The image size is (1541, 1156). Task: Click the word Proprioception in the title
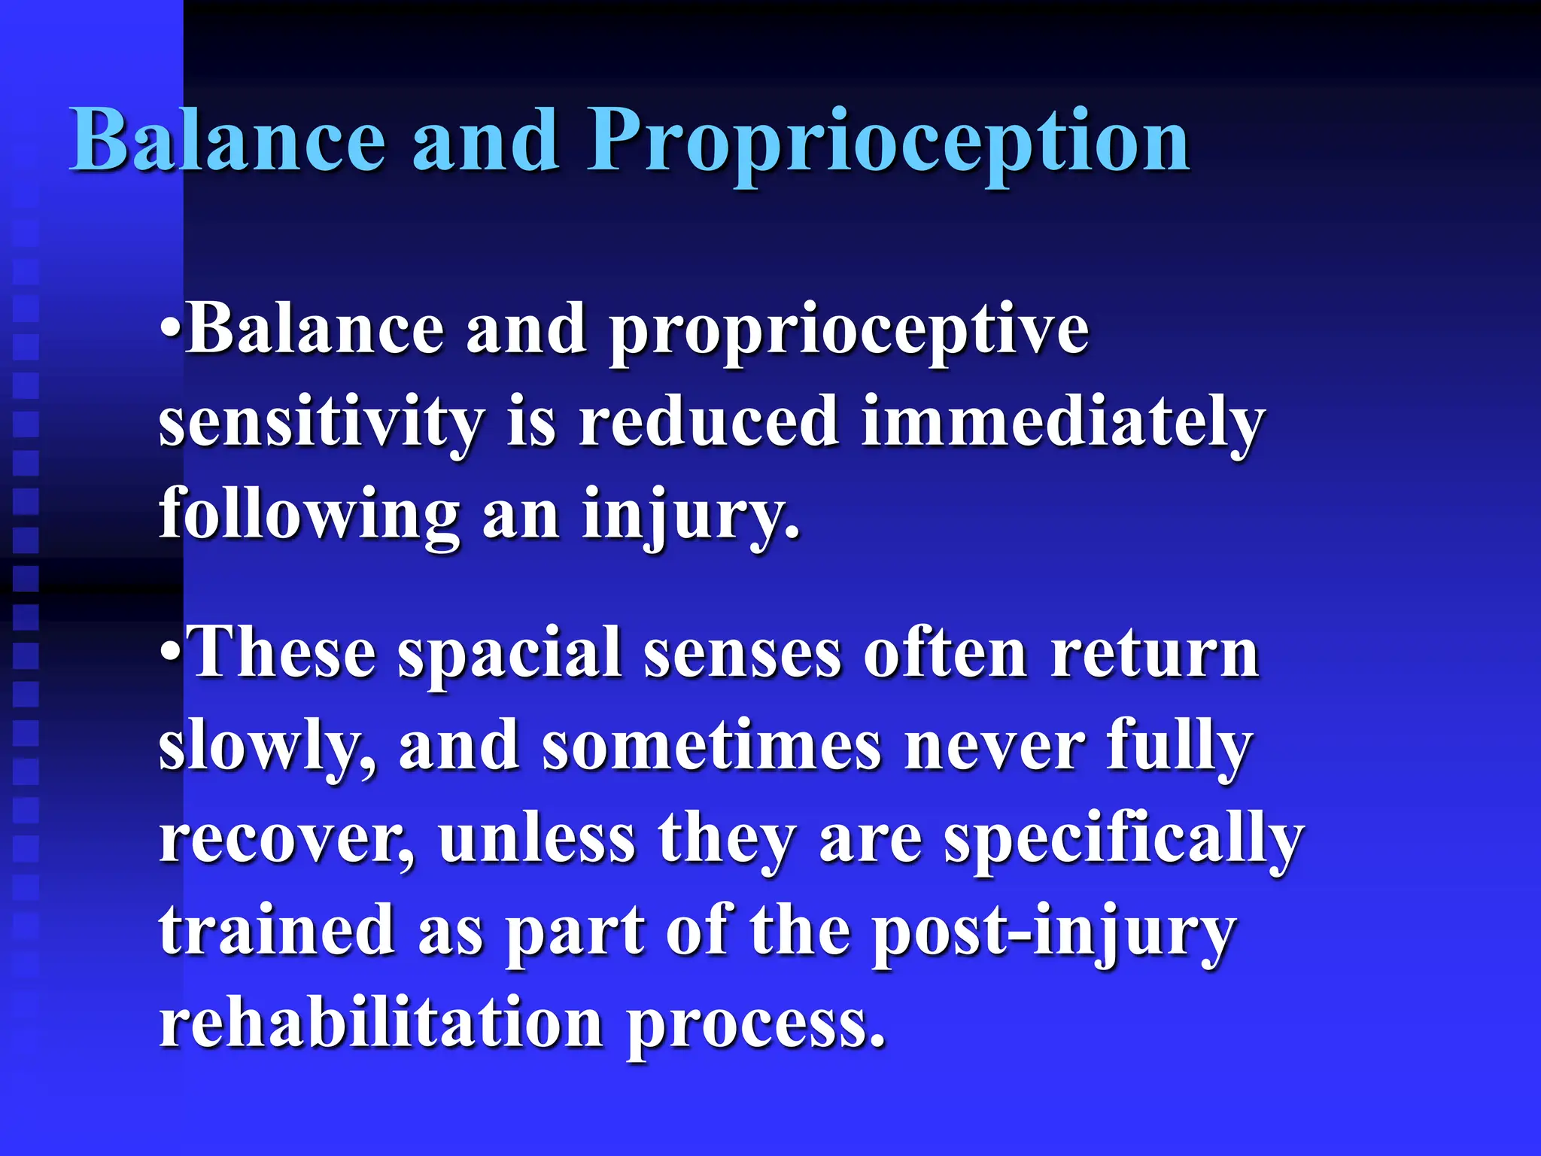point(888,141)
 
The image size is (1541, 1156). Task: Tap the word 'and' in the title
point(485,141)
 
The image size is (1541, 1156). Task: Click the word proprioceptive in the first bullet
point(849,331)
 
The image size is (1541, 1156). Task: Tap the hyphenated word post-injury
point(1053,933)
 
